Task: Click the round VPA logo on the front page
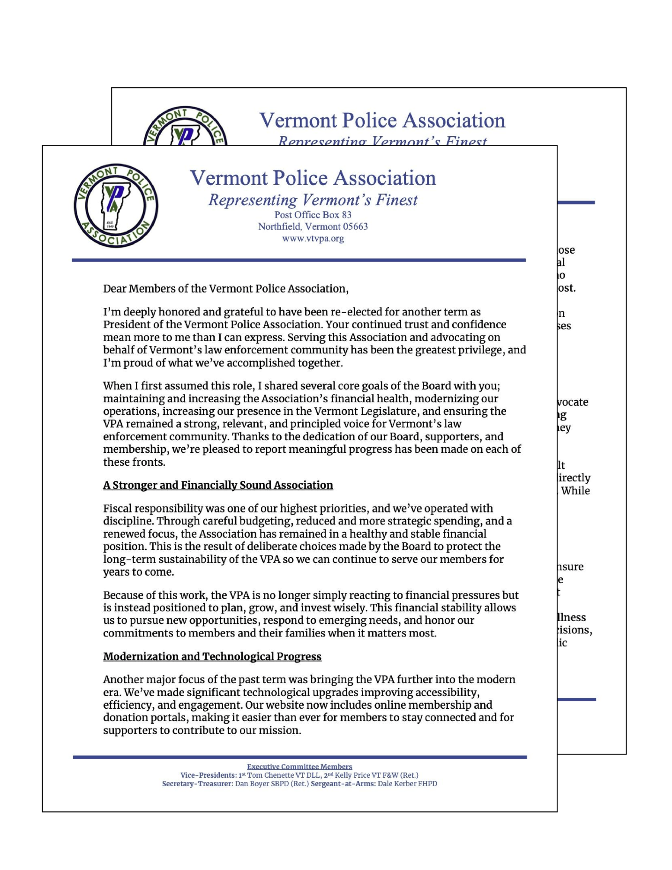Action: pos(116,206)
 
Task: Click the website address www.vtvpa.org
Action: pos(313,238)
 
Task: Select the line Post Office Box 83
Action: pos(313,215)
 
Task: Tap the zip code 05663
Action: pos(355,226)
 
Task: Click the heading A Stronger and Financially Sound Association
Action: pos(218,485)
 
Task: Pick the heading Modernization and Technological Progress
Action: pos(212,656)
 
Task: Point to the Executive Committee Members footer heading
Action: pos(299,766)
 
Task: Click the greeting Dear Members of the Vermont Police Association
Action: pos(225,289)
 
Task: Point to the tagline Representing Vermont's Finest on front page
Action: pos(313,200)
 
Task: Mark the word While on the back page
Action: pos(575,491)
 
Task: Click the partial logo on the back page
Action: pos(185,126)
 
